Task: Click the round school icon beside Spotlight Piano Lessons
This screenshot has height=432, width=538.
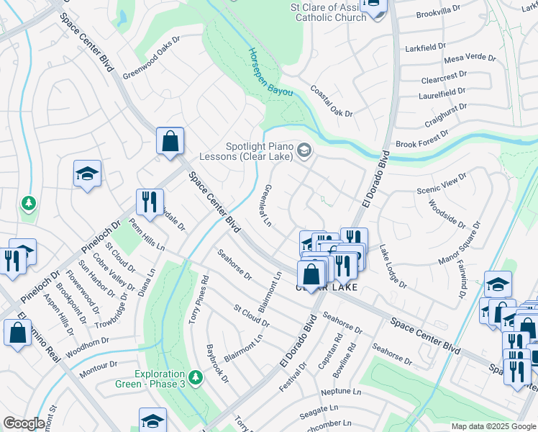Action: tap(304, 150)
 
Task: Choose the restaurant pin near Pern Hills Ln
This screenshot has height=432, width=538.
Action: tap(150, 202)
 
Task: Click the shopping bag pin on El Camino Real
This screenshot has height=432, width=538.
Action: tap(17, 332)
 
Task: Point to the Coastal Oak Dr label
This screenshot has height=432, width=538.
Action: tap(332, 102)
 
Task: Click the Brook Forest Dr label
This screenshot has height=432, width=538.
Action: tap(422, 138)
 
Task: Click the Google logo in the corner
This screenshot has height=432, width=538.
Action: tap(24, 423)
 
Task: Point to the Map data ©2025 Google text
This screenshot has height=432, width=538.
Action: tap(493, 426)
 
